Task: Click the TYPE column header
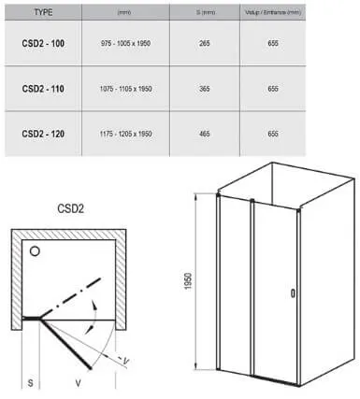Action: [x=43, y=12]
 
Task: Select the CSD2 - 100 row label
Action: [x=43, y=43]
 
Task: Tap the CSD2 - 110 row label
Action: [x=43, y=89]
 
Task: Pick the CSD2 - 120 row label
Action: [x=43, y=134]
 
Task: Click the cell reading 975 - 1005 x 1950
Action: [x=125, y=43]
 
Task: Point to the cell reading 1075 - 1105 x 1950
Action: [x=125, y=89]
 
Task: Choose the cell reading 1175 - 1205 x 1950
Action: [x=125, y=134]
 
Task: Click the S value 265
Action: [x=205, y=43]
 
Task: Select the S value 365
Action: [x=205, y=89]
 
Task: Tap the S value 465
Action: [x=205, y=134]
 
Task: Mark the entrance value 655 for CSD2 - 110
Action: [x=273, y=89]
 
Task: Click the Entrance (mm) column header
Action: [x=273, y=12]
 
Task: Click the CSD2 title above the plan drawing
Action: [x=71, y=208]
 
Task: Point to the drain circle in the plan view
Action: [x=35, y=251]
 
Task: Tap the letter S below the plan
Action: [x=30, y=382]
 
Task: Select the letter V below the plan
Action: [x=78, y=382]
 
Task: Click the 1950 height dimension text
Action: [x=188, y=281]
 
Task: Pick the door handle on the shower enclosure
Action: [x=293, y=293]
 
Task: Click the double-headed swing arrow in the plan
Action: [x=95, y=317]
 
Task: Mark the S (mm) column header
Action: [x=205, y=12]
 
